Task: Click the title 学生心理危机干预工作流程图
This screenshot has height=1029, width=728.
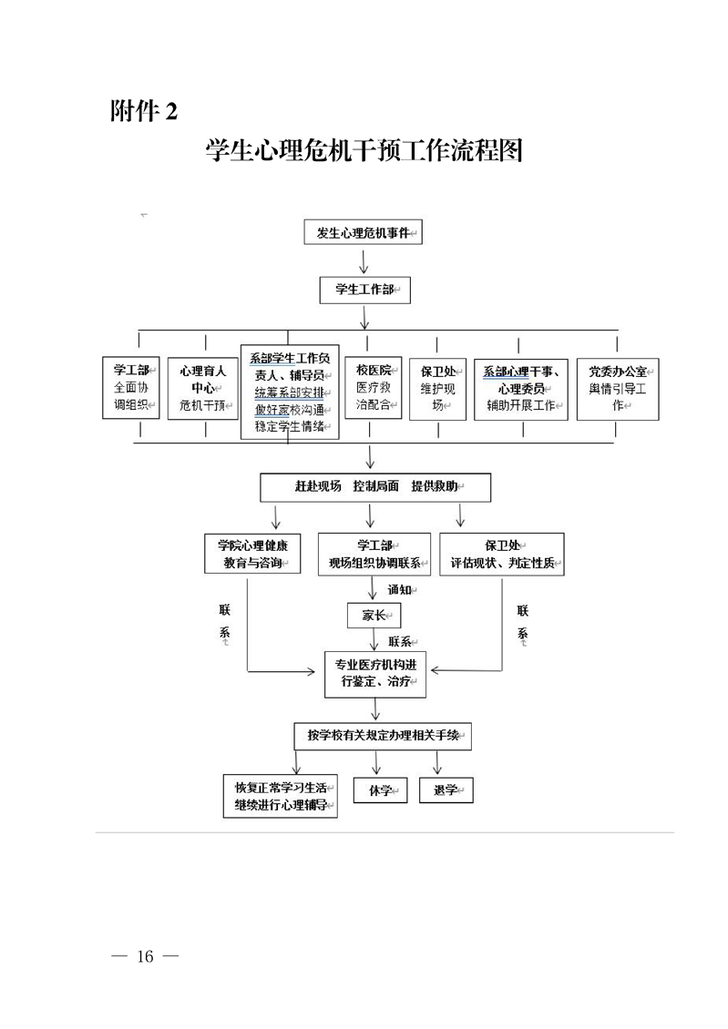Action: click(364, 150)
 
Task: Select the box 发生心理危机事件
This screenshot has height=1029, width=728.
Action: click(364, 233)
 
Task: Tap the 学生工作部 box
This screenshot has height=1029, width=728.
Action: click(364, 290)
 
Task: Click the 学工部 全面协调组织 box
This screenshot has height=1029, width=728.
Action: click(131, 388)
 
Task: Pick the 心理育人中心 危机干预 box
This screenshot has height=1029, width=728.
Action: click(202, 388)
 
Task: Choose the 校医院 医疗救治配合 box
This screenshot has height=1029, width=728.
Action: click(373, 387)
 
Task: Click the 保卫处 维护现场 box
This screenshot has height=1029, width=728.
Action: click(437, 388)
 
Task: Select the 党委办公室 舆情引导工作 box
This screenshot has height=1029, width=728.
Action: click(617, 388)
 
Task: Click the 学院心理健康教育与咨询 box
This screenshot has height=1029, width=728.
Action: click(252, 554)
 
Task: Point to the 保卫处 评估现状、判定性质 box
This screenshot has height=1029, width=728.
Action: click(502, 554)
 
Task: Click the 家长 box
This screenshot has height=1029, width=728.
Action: click(374, 616)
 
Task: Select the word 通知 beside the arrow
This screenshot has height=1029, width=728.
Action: click(401, 590)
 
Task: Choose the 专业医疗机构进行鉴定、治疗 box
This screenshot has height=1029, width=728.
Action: click(374, 674)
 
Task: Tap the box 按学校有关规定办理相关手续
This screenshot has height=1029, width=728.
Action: click(383, 736)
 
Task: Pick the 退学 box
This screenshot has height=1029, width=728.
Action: click(446, 790)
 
